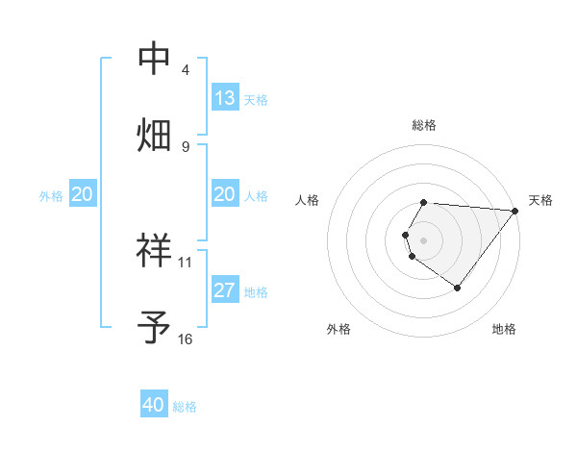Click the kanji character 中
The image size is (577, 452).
(x=156, y=58)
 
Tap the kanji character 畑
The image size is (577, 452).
(x=156, y=133)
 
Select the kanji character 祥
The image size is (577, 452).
(x=156, y=250)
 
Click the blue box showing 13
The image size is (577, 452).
(x=225, y=98)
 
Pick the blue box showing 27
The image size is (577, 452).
(x=225, y=290)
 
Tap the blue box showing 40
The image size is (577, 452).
(x=154, y=405)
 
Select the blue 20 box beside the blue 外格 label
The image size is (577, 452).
(x=82, y=195)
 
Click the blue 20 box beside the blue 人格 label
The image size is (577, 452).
(x=225, y=195)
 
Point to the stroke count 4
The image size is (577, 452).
(x=186, y=70)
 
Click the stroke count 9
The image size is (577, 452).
(x=186, y=146)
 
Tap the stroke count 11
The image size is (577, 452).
(x=186, y=262)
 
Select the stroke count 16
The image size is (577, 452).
(x=186, y=339)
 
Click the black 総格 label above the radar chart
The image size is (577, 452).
(x=424, y=125)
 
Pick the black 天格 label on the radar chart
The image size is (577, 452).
(x=540, y=200)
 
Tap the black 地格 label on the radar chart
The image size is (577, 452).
(x=504, y=329)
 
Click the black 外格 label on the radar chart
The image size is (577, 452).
(x=339, y=329)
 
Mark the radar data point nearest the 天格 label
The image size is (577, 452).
(x=515, y=211)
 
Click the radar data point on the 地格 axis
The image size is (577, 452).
(x=457, y=288)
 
